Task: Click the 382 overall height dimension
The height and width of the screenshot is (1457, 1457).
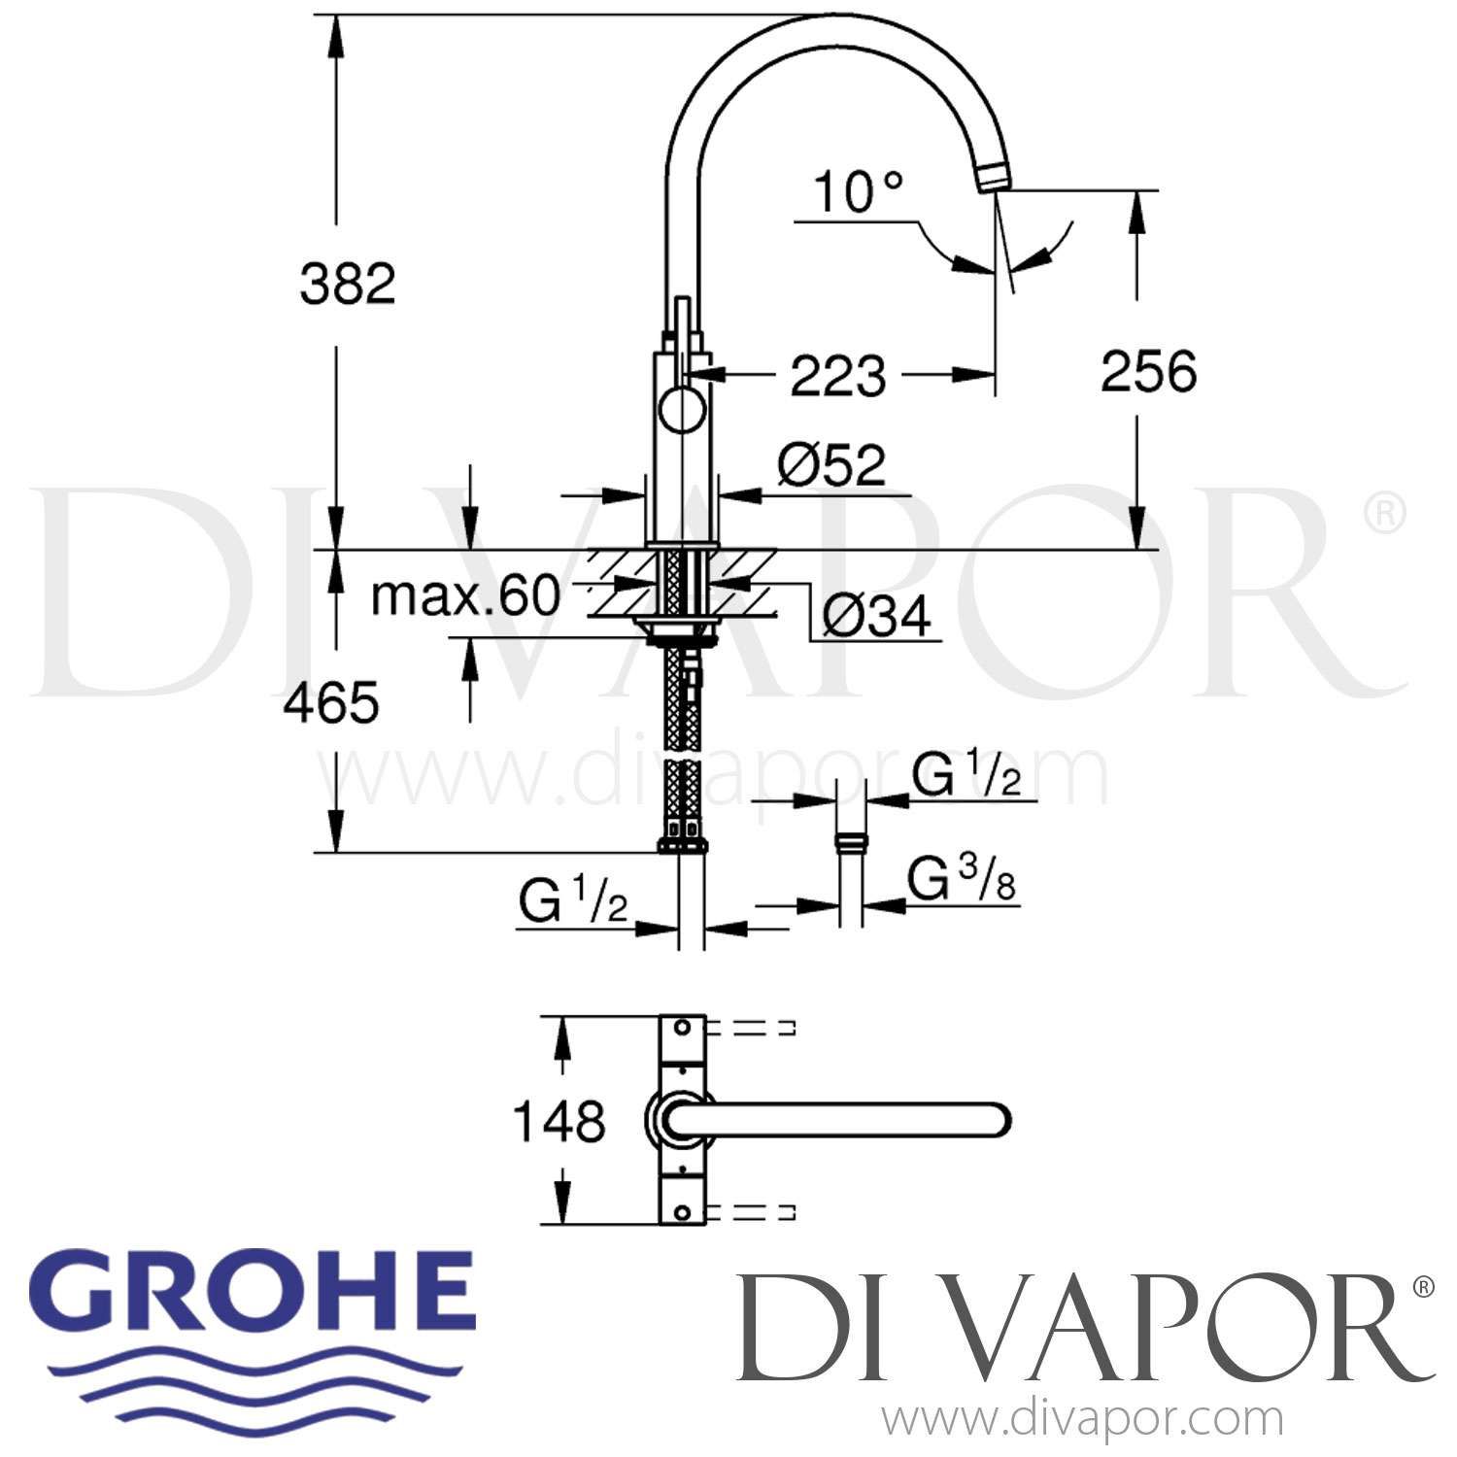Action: pyautogui.click(x=348, y=285)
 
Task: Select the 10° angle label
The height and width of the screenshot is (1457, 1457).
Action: pyautogui.click(x=845, y=191)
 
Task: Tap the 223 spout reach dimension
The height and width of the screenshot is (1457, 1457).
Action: pyautogui.click(x=837, y=376)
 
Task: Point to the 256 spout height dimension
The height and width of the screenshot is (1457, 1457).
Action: pyautogui.click(x=1148, y=372)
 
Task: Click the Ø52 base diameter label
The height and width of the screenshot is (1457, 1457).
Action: pyautogui.click(x=831, y=465)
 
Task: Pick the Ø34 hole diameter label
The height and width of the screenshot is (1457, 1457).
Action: pyautogui.click(x=876, y=616)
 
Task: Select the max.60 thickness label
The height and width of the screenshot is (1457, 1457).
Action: pyautogui.click(x=466, y=595)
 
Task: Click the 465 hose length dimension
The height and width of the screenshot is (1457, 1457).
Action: pyautogui.click(x=331, y=703)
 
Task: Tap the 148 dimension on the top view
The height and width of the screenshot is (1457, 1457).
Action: pyautogui.click(x=559, y=1122)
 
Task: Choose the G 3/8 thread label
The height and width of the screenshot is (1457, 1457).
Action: pyautogui.click(x=962, y=880)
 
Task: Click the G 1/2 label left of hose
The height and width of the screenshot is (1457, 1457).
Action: pyautogui.click(x=572, y=901)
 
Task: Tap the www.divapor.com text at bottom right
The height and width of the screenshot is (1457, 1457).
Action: pyautogui.click(x=1082, y=1420)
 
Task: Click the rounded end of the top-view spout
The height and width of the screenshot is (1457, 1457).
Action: pyautogui.click(x=996, y=1120)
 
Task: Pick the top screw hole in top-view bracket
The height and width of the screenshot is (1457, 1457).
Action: pyautogui.click(x=682, y=1027)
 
